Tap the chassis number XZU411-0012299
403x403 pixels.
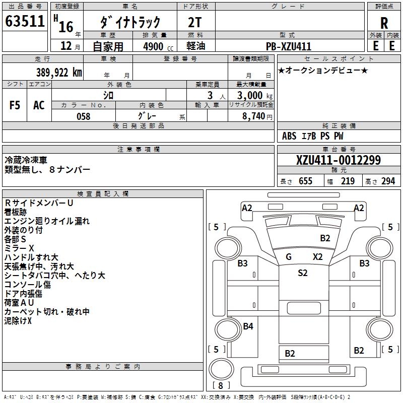click(338, 160)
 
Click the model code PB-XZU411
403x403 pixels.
click(289, 46)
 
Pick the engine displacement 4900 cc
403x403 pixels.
click(151, 46)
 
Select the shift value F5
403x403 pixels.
click(15, 105)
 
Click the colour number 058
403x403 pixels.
click(83, 116)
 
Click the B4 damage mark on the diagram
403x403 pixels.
click(248, 326)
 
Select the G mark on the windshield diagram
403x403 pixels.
click(289, 256)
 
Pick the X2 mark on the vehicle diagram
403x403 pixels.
click(317, 256)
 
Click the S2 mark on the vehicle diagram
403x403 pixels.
click(302, 273)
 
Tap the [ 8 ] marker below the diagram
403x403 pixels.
click(221, 385)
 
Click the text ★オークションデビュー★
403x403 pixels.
click(323, 70)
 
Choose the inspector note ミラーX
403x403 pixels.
click(19, 248)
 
